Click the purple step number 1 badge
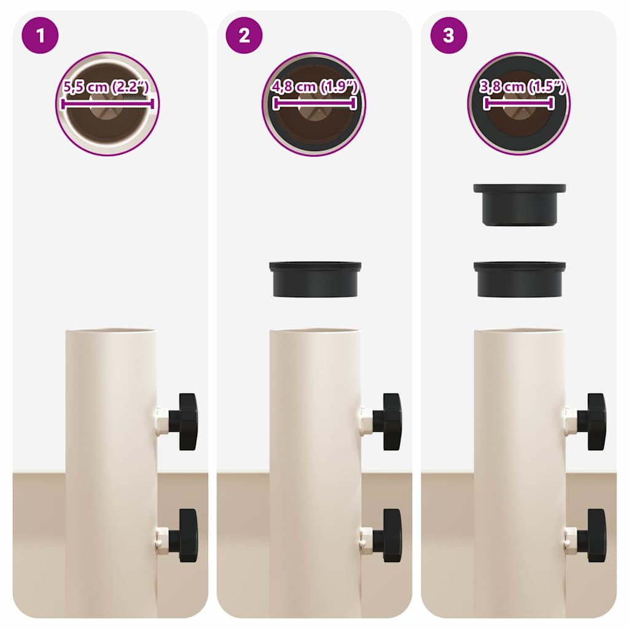pyautogui.click(x=40, y=35)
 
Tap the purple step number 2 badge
pyautogui.click(x=244, y=35)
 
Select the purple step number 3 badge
pyautogui.click(x=449, y=35)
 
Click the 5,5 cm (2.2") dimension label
pyautogui.click(x=106, y=87)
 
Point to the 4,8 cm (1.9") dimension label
pyautogui.click(x=314, y=87)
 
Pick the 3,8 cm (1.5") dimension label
pyautogui.click(x=522, y=87)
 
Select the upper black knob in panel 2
pyautogui.click(x=388, y=421)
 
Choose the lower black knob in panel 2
pyautogui.click(x=388, y=536)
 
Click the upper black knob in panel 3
pyautogui.click(x=592, y=421)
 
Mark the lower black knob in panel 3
pyautogui.click(x=592, y=536)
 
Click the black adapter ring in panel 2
pyautogui.click(x=315, y=279)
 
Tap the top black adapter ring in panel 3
pyautogui.click(x=520, y=205)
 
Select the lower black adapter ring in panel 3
pyautogui.click(x=520, y=279)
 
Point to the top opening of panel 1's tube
pyautogui.click(x=111, y=331)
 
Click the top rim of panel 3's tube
pyautogui.click(x=520, y=331)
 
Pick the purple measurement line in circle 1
pyautogui.click(x=107, y=104)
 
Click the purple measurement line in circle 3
pyautogui.click(x=519, y=103)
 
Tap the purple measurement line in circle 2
pyautogui.click(x=314, y=103)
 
